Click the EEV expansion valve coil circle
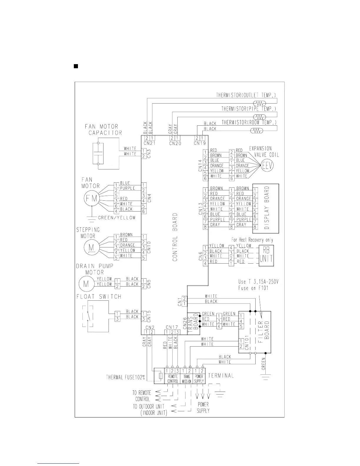tap(268, 166)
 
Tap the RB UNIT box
tap(266, 256)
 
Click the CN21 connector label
tap(149, 143)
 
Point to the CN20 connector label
tap(175, 143)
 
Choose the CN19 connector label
tap(200, 143)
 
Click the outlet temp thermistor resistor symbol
tap(260, 103)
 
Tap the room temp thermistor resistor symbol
tap(256, 131)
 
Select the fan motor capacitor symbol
tap(98, 154)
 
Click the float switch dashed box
tap(88, 316)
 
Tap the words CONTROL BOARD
tap(175, 237)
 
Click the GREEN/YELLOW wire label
tap(117, 218)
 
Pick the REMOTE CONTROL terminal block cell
tap(173, 379)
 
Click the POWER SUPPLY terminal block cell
tap(199, 379)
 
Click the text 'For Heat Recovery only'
tap(252, 240)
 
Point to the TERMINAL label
tap(221, 376)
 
